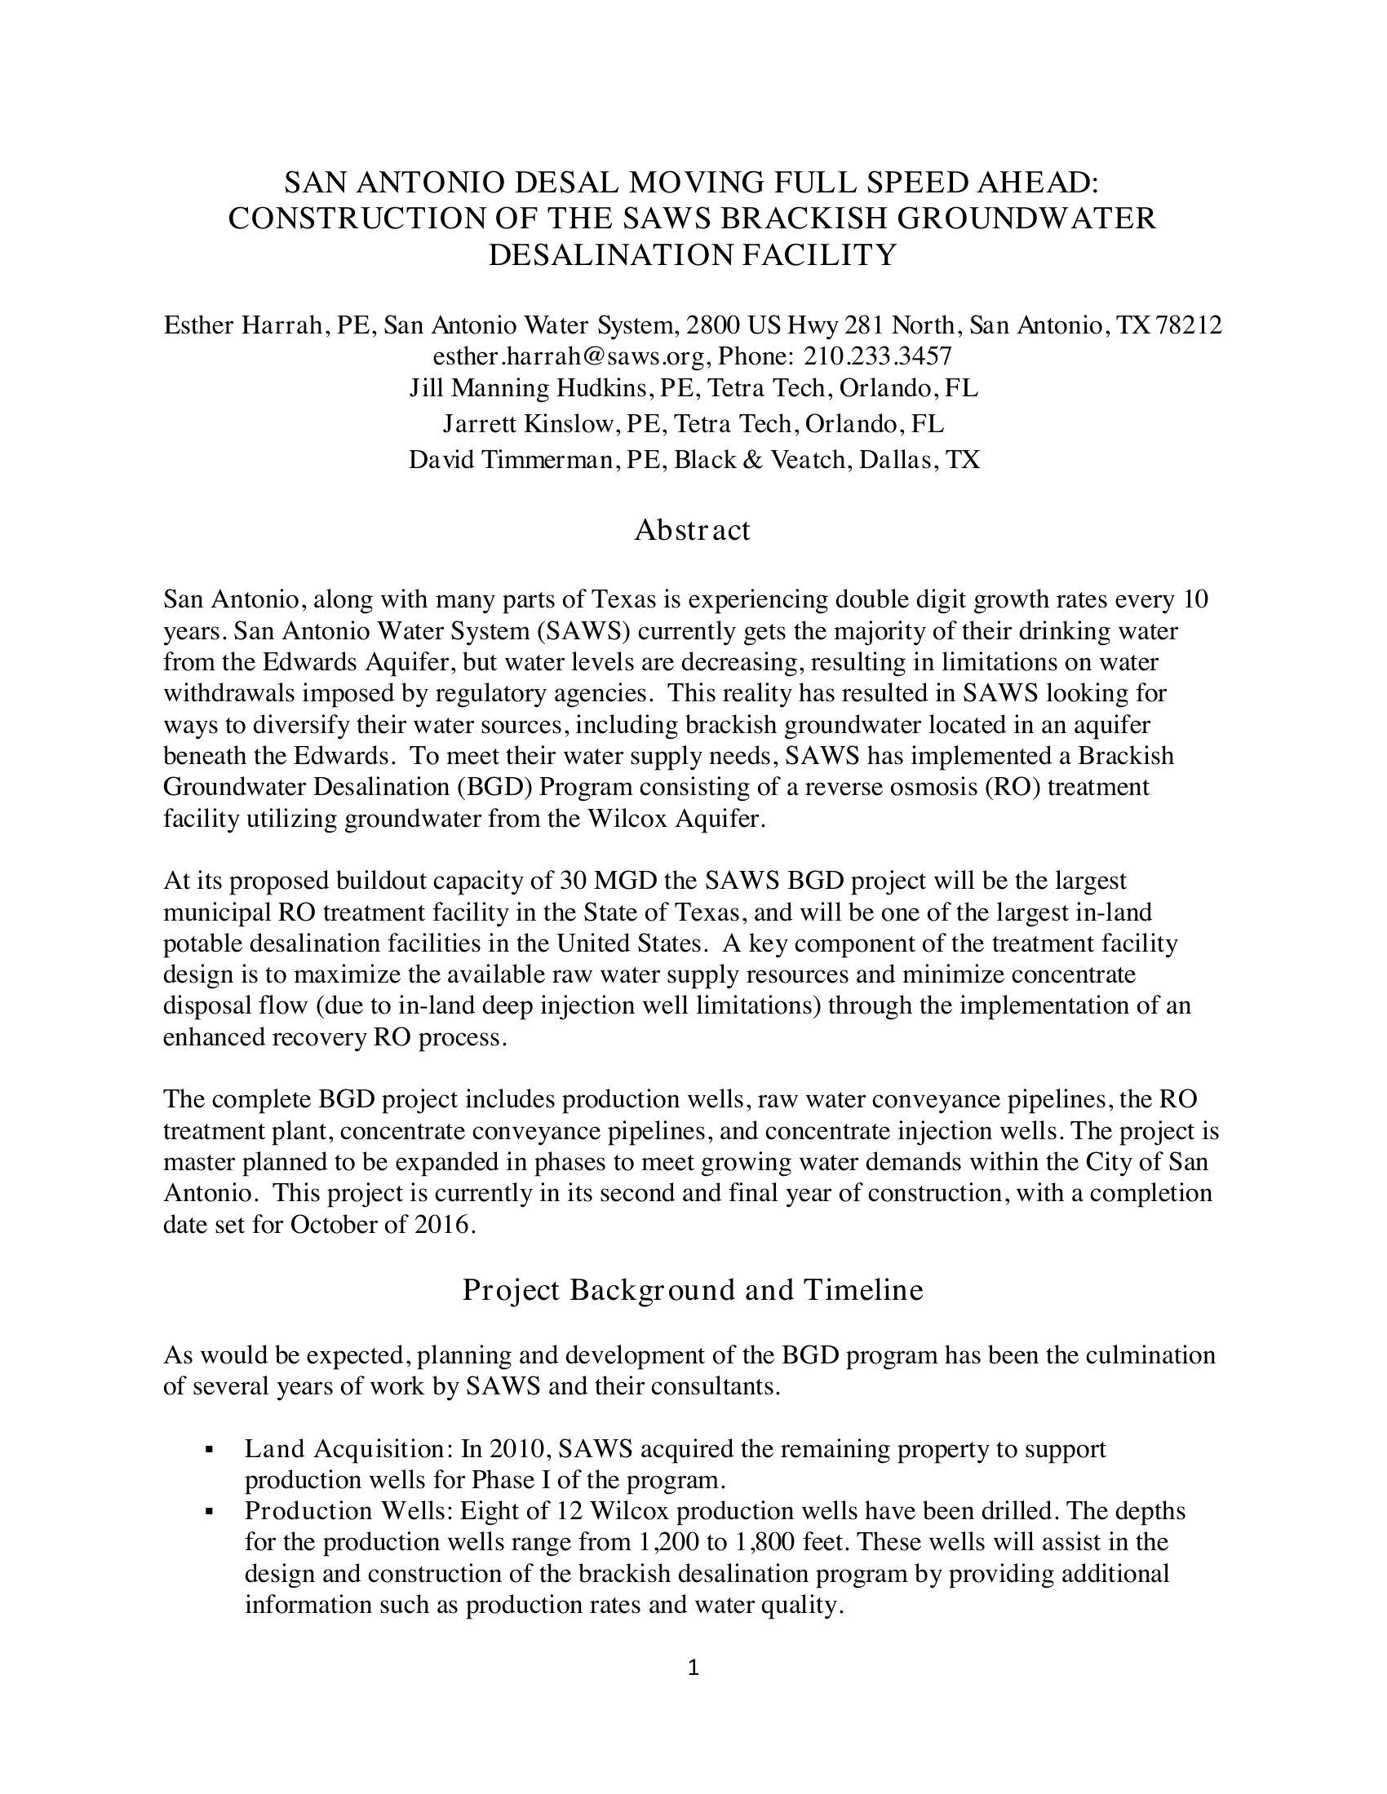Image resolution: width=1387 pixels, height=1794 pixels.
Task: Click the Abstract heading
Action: coord(692,530)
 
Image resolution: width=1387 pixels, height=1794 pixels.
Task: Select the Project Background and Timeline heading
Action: coord(692,1290)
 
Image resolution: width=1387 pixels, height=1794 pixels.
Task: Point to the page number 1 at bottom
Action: coord(693,1668)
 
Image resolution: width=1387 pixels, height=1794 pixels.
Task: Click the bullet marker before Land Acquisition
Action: coord(211,1451)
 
